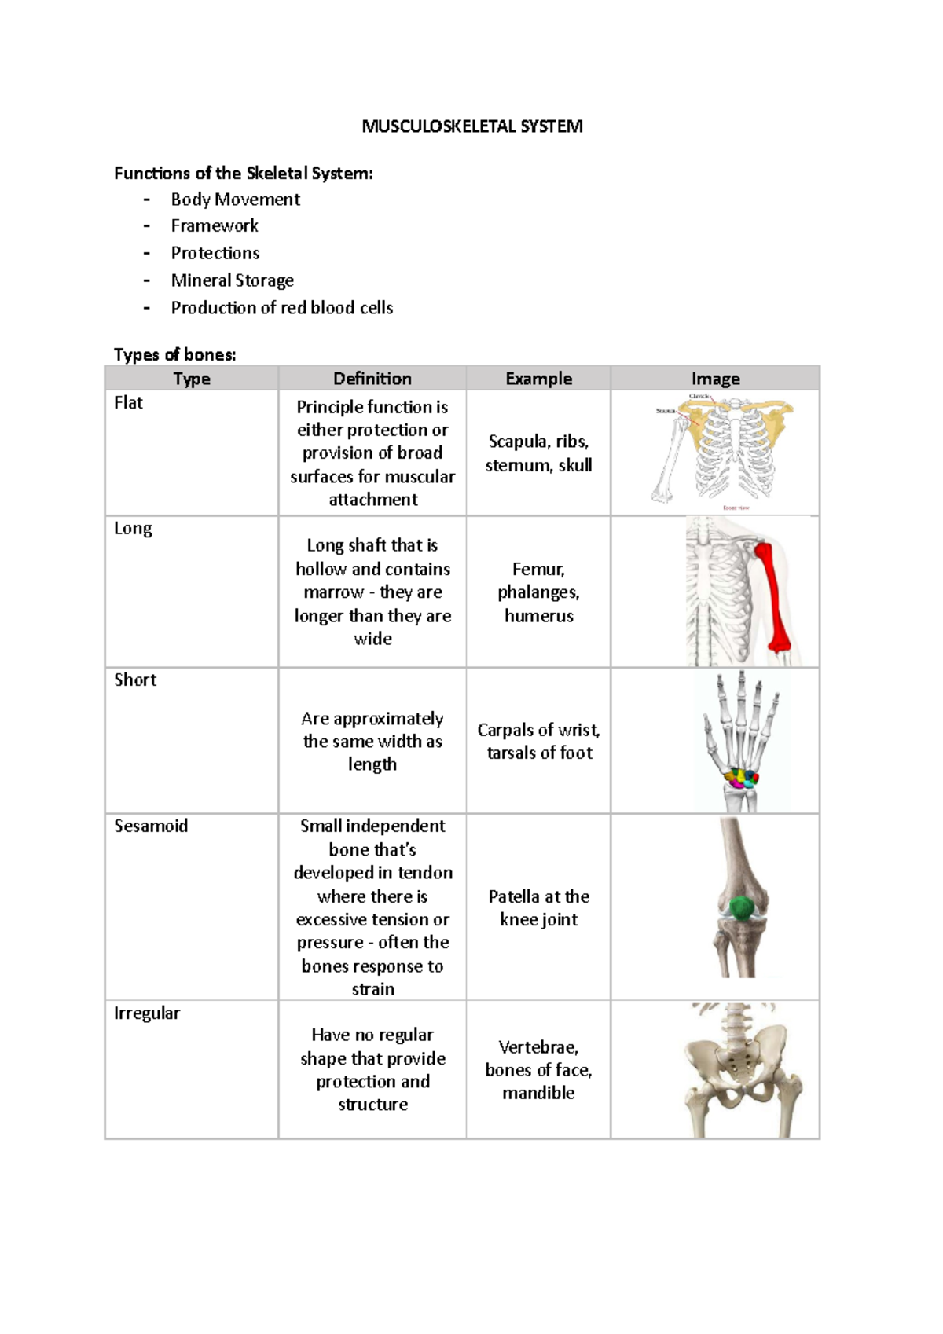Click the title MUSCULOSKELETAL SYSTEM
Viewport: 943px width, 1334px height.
pos(472,126)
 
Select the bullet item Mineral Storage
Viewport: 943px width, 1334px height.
pos(232,280)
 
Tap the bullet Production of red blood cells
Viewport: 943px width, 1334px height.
pos(281,308)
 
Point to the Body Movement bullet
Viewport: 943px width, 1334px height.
pos(235,200)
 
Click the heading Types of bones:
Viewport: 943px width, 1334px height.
pos(174,354)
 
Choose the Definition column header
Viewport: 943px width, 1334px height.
pos(372,379)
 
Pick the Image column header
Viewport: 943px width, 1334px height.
pos(715,379)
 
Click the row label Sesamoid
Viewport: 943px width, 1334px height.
pos(151,826)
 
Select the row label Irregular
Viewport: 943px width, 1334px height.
pos(147,1013)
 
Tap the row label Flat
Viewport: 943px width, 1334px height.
pos(128,403)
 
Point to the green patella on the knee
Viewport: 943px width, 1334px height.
pos(740,908)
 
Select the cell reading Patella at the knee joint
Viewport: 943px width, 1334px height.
pos(538,907)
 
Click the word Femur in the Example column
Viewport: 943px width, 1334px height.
pos(538,569)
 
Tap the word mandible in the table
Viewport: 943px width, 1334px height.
pos(538,1093)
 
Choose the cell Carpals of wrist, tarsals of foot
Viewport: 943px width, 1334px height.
pos(538,741)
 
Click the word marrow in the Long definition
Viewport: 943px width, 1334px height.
pos(334,592)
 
